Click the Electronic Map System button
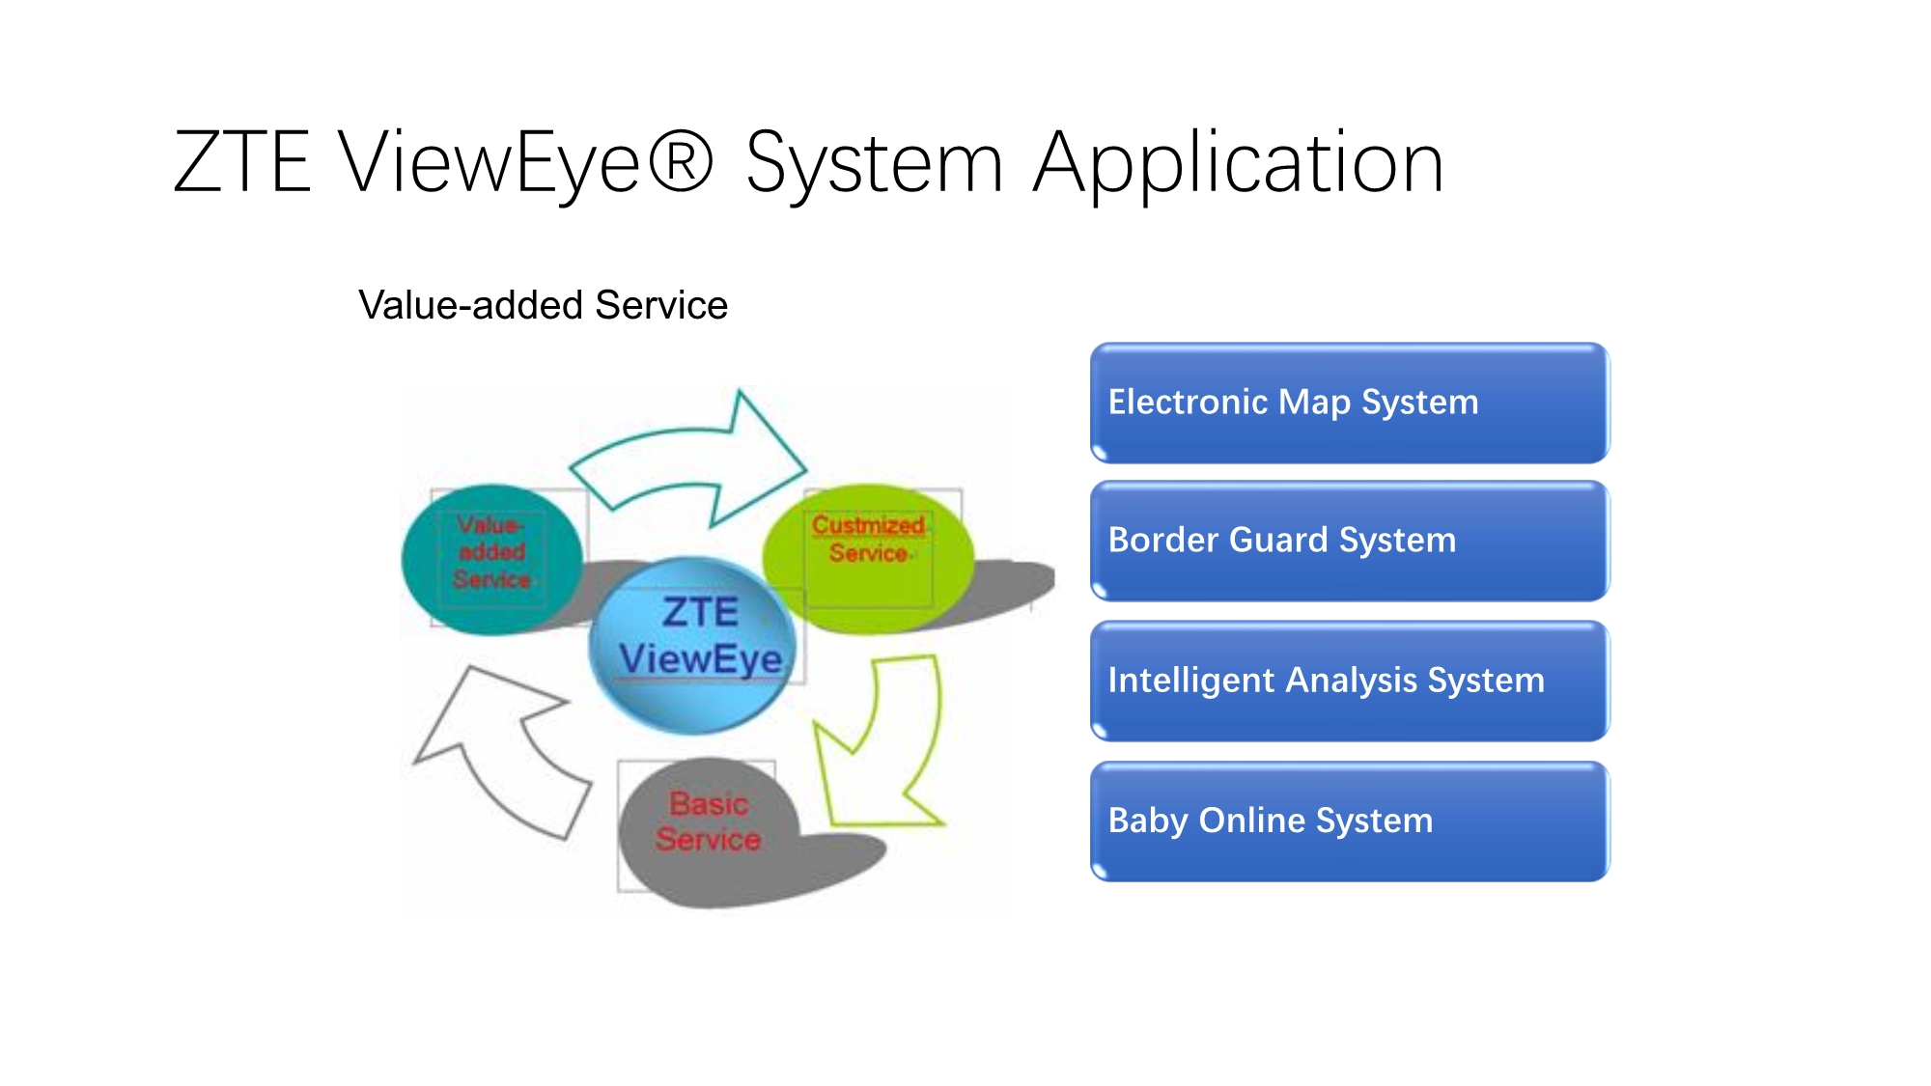1350,404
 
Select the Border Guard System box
1350,542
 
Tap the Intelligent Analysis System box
1350,682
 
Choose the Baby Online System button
1350,821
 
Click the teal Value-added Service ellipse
492,560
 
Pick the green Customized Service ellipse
868,558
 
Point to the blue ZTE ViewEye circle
693,645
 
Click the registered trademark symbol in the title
681,160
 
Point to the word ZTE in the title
242,161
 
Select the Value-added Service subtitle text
543,305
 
